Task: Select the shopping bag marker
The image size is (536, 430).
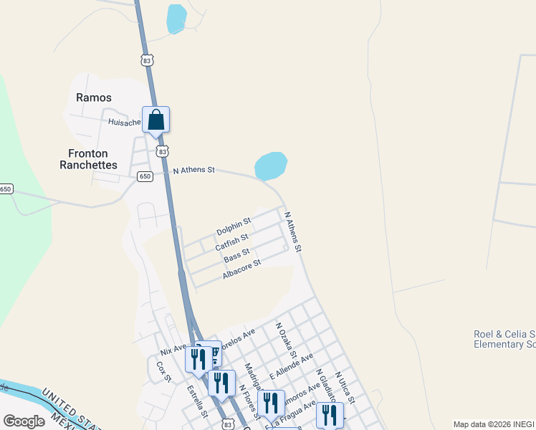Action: click(156, 120)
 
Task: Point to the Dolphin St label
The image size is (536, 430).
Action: click(234, 226)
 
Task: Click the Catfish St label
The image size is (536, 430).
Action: click(231, 242)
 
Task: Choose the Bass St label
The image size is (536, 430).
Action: click(236, 255)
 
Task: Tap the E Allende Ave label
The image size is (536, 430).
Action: click(291, 366)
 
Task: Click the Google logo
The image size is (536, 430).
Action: click(24, 421)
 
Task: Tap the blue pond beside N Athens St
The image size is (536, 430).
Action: click(271, 166)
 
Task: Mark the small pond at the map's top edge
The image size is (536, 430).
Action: click(176, 19)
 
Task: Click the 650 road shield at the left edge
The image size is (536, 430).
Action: click(6, 189)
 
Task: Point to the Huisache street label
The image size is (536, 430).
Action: click(123, 122)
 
